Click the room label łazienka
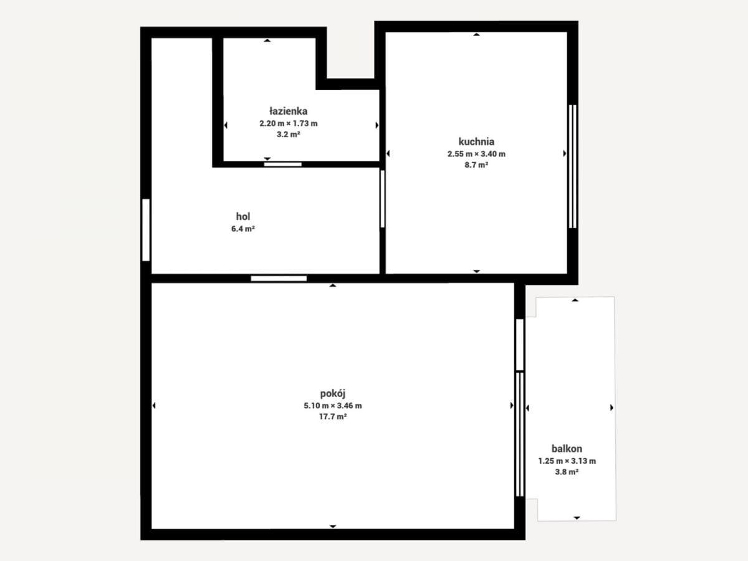click(x=289, y=111)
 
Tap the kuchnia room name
click(x=476, y=141)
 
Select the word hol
click(x=243, y=216)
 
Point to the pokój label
click(x=333, y=394)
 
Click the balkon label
click(x=567, y=449)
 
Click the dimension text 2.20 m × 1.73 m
click(x=289, y=123)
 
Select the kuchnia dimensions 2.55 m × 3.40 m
click(x=476, y=154)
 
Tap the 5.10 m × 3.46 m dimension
click(x=333, y=406)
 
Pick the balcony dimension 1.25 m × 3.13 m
click(x=567, y=461)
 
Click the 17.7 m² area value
click(x=333, y=416)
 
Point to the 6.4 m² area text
click(x=243, y=229)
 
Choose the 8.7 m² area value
click(x=476, y=165)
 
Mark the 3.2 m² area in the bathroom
click(x=289, y=134)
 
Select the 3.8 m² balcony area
click(x=567, y=472)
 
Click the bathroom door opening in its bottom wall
click(x=283, y=165)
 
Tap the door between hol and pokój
click(x=279, y=279)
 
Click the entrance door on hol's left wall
click(x=146, y=230)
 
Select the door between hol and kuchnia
click(x=382, y=199)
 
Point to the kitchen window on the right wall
click(x=572, y=166)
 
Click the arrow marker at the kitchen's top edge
click(x=476, y=34)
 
